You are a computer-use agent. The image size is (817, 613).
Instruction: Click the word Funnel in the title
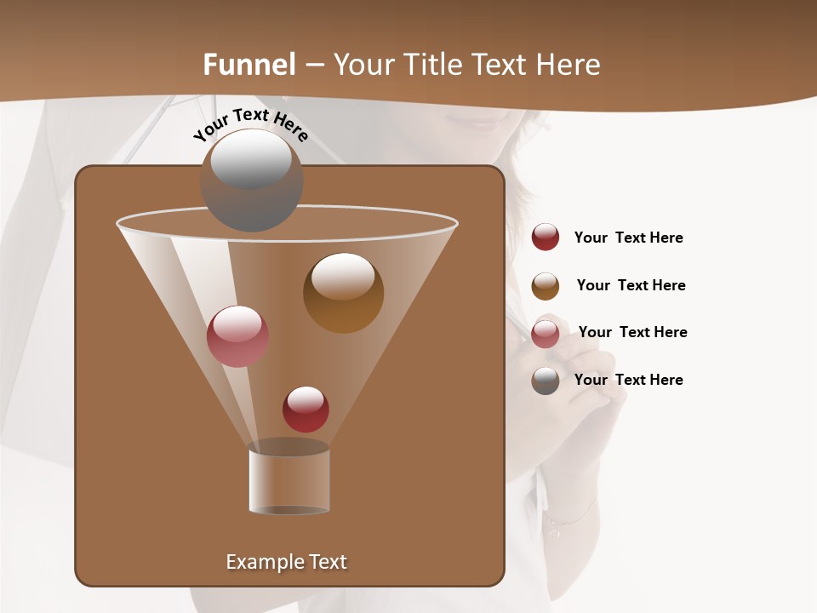249,65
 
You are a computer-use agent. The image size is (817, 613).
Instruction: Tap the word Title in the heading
435,65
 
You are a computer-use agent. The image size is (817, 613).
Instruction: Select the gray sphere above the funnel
252,180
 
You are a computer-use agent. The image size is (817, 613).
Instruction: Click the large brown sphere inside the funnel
343,292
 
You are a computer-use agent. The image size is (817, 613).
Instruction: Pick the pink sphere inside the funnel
237,335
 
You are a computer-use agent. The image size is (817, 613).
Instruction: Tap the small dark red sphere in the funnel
306,409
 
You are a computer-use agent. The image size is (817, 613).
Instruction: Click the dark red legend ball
546,237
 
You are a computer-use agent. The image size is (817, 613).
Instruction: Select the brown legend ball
546,286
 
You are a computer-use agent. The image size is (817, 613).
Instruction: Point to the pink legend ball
546,334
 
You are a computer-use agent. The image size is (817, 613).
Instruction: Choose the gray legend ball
546,381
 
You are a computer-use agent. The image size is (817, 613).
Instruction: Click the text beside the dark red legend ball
628,238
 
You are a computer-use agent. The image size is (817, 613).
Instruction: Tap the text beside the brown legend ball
631,285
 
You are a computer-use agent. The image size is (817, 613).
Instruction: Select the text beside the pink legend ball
632,332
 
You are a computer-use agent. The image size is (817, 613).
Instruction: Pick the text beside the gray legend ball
628,380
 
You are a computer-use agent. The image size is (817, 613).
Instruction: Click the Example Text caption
286,562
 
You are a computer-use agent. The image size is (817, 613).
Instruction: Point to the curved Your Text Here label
250,124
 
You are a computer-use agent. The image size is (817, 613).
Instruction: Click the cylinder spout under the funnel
289,481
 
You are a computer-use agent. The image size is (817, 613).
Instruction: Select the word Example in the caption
260,562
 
